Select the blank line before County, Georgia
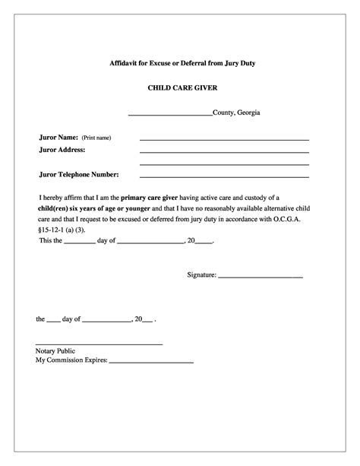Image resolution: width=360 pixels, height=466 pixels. click(169, 115)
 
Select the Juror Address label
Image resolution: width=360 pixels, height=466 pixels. click(62, 150)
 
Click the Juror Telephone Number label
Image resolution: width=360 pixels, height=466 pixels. click(79, 174)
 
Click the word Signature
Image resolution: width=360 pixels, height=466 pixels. click(201, 274)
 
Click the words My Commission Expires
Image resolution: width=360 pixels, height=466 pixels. click(71, 361)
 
